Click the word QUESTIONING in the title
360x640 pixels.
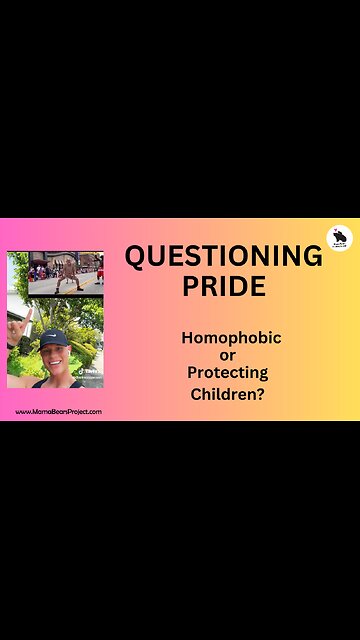coord(223,257)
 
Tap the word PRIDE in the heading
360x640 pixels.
coord(223,286)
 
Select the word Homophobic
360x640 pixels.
coord(231,338)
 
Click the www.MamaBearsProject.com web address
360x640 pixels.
coord(57,412)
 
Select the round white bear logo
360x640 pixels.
coord(339,239)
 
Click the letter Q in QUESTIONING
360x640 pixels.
coord(137,257)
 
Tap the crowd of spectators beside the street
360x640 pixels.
coord(42,271)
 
